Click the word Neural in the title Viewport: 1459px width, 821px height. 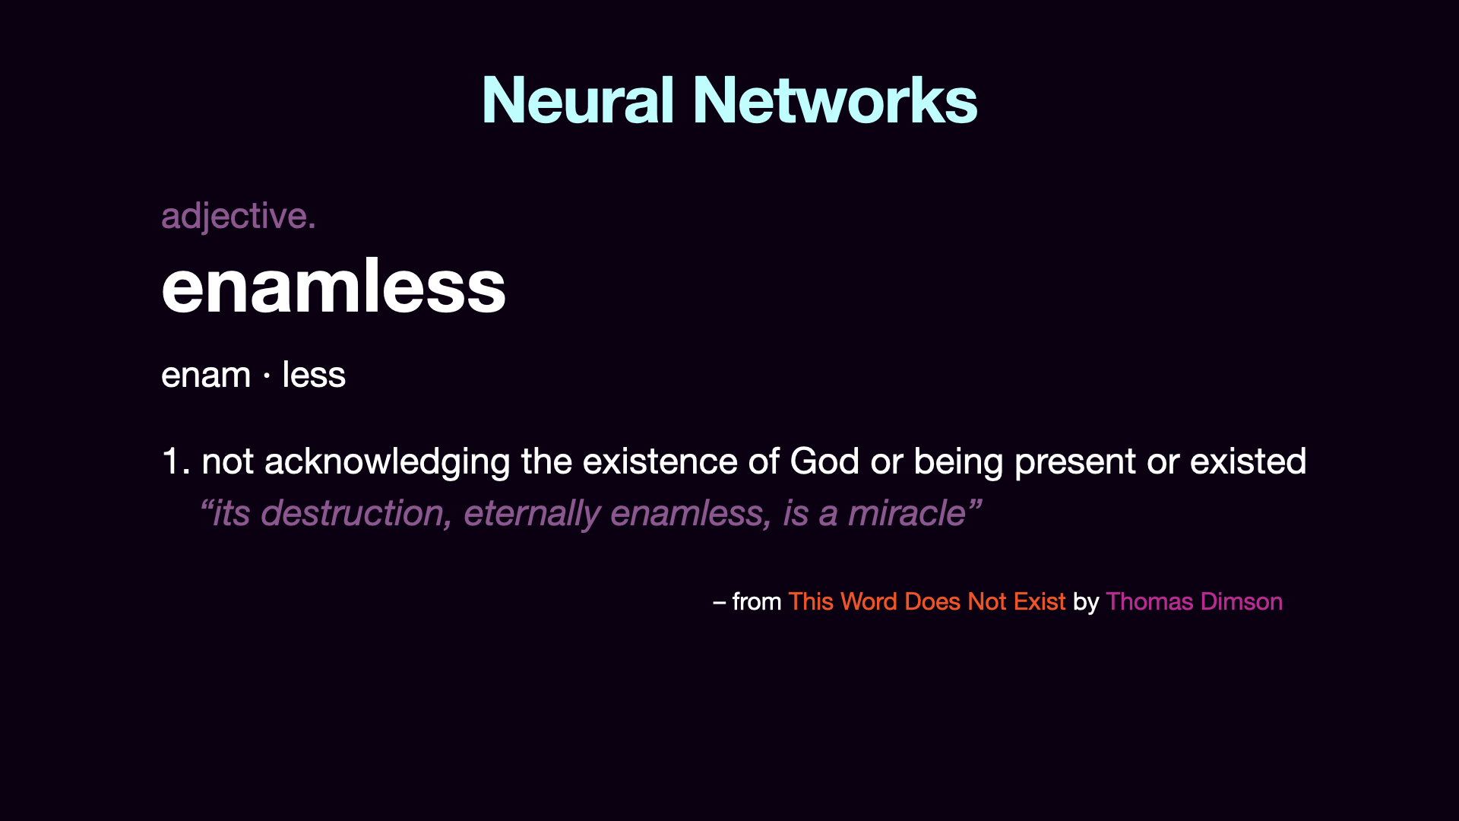tap(578, 100)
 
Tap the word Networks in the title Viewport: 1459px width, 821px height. tap(835, 100)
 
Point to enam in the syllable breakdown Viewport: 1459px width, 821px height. tap(206, 375)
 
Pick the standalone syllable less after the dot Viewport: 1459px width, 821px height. tap(314, 374)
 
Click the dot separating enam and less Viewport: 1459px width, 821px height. tap(267, 376)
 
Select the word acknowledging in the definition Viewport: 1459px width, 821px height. tap(387, 462)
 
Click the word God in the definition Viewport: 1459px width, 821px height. tap(824, 461)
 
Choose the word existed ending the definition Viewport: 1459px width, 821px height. tap(1248, 461)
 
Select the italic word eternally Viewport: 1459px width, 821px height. tap(531, 514)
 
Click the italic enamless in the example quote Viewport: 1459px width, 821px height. tap(691, 514)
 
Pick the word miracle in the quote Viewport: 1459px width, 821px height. tap(907, 513)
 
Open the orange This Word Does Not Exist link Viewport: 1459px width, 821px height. tap(927, 601)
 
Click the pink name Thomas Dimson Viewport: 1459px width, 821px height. tap(1194, 601)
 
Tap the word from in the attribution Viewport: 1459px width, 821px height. tap(757, 601)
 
